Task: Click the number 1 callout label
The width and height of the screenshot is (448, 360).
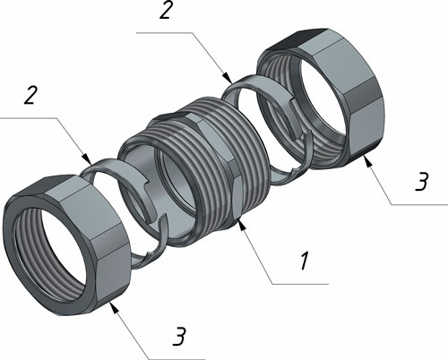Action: point(305,261)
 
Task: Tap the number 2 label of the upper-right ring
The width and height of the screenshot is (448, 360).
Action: point(166,11)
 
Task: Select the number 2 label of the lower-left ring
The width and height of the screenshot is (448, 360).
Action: point(30,95)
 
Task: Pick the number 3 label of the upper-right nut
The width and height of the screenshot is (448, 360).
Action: point(422,181)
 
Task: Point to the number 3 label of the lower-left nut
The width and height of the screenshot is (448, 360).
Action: point(179,337)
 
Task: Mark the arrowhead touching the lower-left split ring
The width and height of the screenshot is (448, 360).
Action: point(87,159)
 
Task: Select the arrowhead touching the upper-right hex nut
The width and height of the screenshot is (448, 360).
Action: point(367,161)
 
